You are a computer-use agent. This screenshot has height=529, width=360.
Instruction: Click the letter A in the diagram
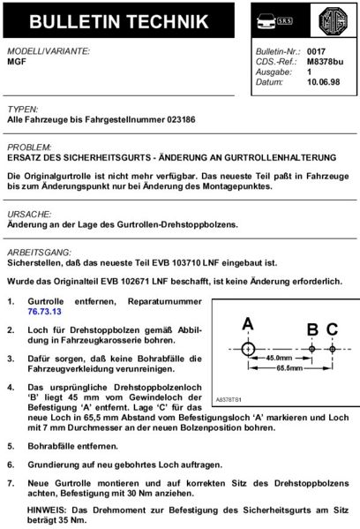pyautogui.click(x=247, y=322)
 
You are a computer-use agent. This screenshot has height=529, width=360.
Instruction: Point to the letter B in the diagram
pyautogui.click(x=312, y=329)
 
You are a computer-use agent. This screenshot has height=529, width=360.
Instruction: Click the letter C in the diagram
pyautogui.click(x=332, y=329)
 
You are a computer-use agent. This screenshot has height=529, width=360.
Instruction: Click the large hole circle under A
pyautogui.click(x=247, y=350)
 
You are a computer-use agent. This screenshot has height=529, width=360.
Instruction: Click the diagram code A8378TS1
pyautogui.click(x=232, y=399)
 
